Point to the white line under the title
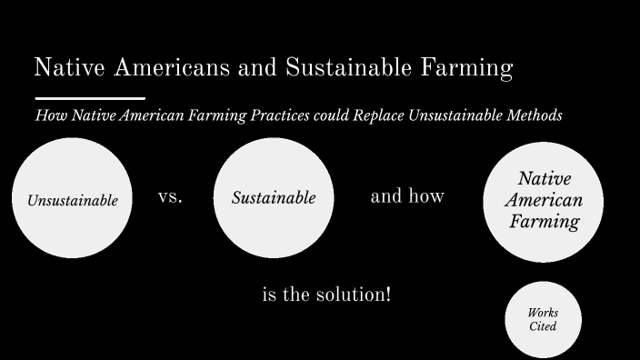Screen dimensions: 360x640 (x=90, y=97)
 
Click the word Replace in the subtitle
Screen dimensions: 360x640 (x=369, y=115)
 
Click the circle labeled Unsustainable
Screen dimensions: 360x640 (x=72, y=198)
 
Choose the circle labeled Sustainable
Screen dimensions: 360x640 (x=273, y=197)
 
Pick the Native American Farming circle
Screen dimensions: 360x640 (x=543, y=201)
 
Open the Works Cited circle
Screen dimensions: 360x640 (x=543, y=319)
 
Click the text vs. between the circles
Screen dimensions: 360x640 (x=170, y=196)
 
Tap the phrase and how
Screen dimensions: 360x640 (x=407, y=196)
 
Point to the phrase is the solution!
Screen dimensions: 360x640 (x=326, y=295)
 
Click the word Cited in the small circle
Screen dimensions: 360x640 (x=543, y=326)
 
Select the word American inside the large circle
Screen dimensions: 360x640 (x=543, y=201)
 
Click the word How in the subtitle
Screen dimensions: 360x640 (x=46, y=115)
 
